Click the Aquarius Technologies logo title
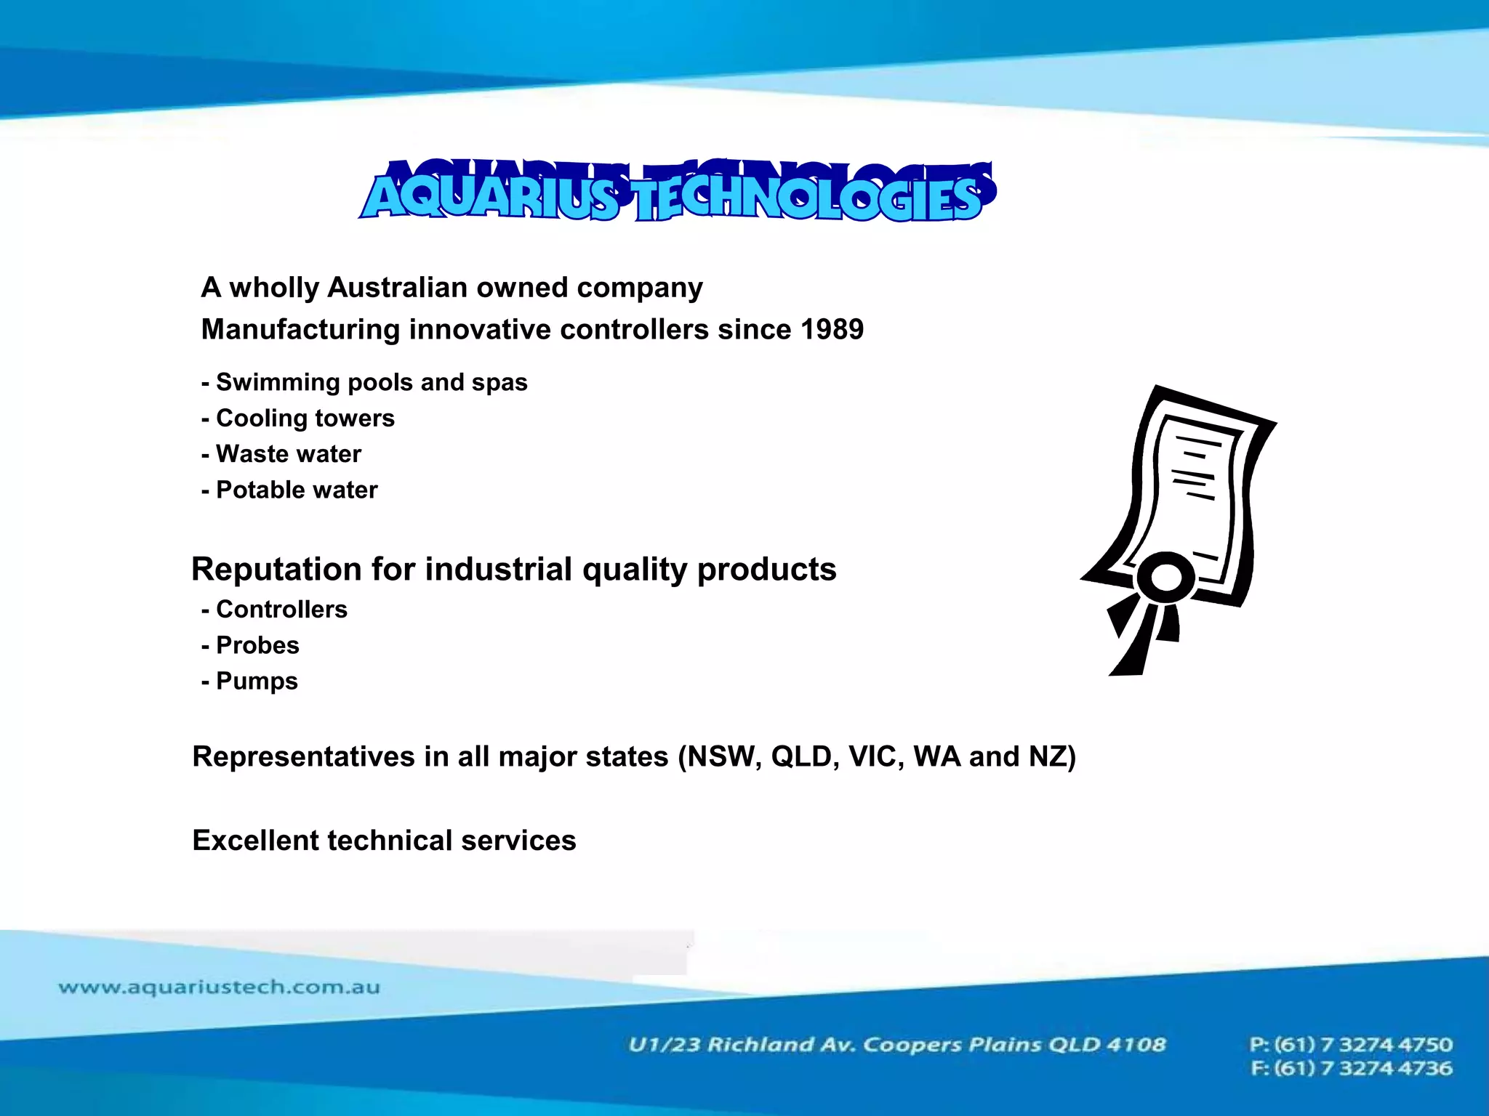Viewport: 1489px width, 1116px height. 676,193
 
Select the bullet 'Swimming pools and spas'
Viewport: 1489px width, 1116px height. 371,382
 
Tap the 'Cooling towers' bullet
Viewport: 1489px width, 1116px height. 305,418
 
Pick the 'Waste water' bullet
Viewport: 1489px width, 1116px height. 288,454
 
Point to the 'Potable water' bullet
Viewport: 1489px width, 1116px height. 297,490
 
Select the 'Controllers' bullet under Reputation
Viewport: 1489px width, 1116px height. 281,610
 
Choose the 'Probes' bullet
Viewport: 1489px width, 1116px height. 257,645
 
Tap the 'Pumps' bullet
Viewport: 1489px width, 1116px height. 257,682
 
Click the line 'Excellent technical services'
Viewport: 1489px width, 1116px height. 384,841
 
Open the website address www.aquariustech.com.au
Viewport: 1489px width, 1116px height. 219,987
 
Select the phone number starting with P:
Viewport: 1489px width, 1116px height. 1351,1045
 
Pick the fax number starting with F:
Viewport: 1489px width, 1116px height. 1351,1069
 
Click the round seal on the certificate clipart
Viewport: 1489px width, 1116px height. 1167,578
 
